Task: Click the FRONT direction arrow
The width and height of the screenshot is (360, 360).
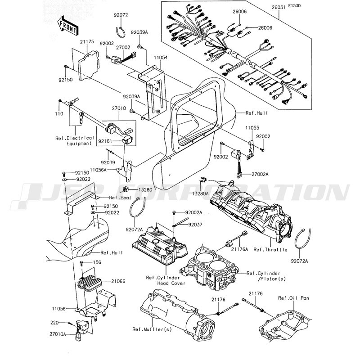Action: (x=67, y=25)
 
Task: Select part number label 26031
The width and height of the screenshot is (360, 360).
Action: (x=279, y=7)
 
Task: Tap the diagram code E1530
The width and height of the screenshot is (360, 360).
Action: (x=294, y=6)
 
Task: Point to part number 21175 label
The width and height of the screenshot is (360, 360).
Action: (x=87, y=42)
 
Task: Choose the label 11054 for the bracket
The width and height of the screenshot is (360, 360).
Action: (x=161, y=58)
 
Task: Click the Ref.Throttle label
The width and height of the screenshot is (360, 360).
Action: (x=270, y=250)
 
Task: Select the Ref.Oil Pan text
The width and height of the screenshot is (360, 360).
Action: (x=294, y=298)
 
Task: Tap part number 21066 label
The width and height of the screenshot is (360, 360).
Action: (x=118, y=281)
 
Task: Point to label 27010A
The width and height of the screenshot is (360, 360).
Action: (x=58, y=334)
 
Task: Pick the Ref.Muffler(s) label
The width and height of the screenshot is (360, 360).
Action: (x=152, y=329)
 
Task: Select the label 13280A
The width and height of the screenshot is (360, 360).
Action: (x=200, y=194)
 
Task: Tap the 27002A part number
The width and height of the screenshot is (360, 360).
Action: (x=260, y=174)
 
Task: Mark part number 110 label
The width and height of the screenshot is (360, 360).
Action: (x=59, y=114)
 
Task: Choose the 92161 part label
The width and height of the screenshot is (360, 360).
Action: (x=105, y=141)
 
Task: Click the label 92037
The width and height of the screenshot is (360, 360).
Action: (x=195, y=225)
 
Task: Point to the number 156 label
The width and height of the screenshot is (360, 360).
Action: (x=97, y=262)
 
